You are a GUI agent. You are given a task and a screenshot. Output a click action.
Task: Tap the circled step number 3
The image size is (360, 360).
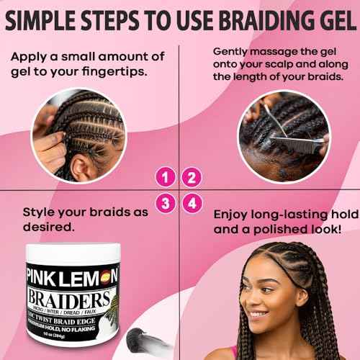pos(167,204)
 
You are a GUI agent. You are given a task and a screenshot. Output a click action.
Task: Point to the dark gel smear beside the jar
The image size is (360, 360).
pos(134,338)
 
